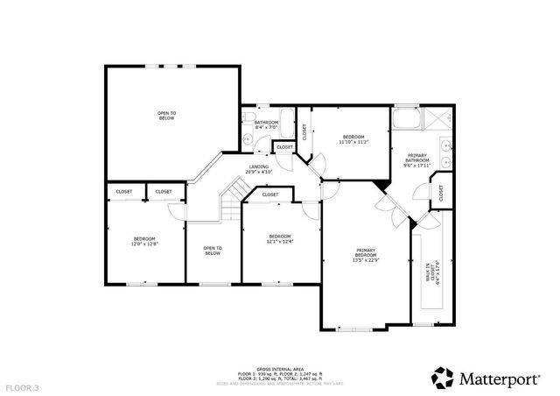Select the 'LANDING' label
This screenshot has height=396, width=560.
pyautogui.click(x=258, y=166)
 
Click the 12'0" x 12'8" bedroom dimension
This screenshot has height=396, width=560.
pyautogui.click(x=144, y=244)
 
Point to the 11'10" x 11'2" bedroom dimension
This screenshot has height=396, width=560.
pyautogui.click(x=353, y=142)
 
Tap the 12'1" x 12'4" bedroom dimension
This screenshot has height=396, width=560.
pyautogui.click(x=279, y=241)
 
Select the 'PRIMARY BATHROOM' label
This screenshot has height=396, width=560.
pyautogui.click(x=416, y=159)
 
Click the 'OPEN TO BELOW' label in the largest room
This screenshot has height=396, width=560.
pyautogui.click(x=166, y=115)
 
